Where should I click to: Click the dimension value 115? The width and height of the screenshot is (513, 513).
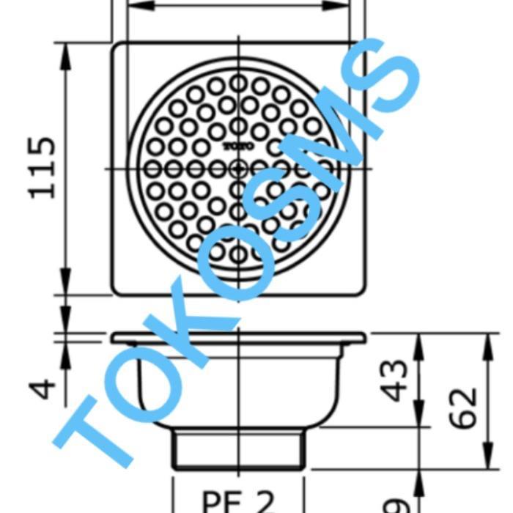[43, 166]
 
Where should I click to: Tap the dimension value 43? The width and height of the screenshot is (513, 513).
[396, 380]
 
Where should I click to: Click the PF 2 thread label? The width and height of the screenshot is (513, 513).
[237, 502]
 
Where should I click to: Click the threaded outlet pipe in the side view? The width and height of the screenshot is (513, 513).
[237, 449]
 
